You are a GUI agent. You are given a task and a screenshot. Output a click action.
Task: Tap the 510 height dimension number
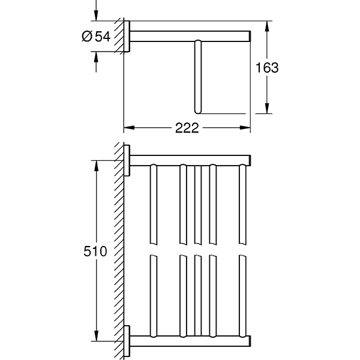pyautogui.click(x=95, y=251)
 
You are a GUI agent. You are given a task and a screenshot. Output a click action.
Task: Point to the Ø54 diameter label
pyautogui.click(x=95, y=37)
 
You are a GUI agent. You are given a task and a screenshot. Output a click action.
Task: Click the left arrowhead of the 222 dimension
pyautogui.click(x=127, y=128)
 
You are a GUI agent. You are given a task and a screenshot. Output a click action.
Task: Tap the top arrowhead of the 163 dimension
pyautogui.click(x=267, y=26)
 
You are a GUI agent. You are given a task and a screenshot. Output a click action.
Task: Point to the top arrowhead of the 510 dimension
pyautogui.click(x=95, y=163)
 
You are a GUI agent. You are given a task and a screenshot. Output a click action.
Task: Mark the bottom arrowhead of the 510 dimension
pyautogui.click(x=95, y=338)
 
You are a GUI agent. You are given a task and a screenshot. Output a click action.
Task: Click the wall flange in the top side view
pyautogui.click(x=127, y=37)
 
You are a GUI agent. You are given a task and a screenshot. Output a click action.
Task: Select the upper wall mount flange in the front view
pyautogui.click(x=127, y=160)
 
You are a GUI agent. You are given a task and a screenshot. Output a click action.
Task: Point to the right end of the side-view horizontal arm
pyautogui.click(x=247, y=37)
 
